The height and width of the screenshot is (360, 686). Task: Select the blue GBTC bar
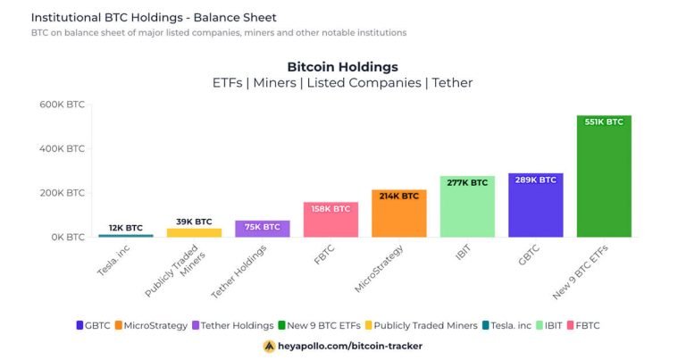coord(535,211)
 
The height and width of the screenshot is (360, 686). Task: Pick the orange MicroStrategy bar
coord(398,219)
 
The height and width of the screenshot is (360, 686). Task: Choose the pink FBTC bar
coord(330,223)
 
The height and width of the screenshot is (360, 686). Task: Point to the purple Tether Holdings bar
coord(262,230)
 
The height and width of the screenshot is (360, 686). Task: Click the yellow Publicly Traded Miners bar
coord(194,232)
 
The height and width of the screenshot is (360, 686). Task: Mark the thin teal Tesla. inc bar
coord(125,235)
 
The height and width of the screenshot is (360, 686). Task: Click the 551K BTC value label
coord(604,122)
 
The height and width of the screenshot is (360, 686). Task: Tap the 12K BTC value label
coord(125,227)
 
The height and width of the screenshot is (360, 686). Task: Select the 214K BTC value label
coord(398,196)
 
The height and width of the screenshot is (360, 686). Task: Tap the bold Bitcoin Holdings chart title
coord(342,67)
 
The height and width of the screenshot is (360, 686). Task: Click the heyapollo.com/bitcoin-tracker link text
coord(350,346)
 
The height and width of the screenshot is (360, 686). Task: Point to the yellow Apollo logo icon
coord(269,346)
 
